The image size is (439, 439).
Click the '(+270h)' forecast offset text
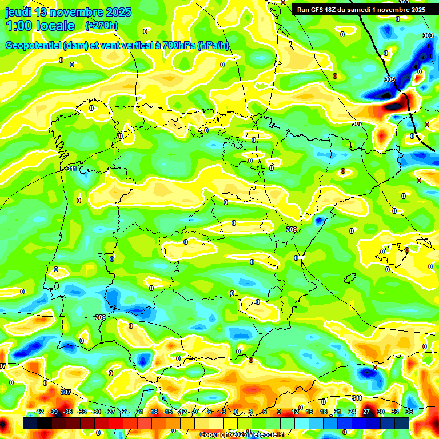[x=102, y=25]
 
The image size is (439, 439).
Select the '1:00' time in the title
[x=19, y=26]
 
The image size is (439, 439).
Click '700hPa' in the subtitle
[x=177, y=46]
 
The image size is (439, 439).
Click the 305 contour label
[x=390, y=79]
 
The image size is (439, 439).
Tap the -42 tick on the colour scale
[x=39, y=412]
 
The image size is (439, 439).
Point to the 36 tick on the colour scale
[x=409, y=412]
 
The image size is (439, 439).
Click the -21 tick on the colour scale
[x=139, y=412]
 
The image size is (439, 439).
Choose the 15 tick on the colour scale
[x=309, y=412]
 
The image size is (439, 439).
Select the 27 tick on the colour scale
[x=366, y=412]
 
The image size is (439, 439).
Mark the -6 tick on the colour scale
[x=210, y=412]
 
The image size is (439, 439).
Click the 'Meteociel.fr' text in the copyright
[x=265, y=435]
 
